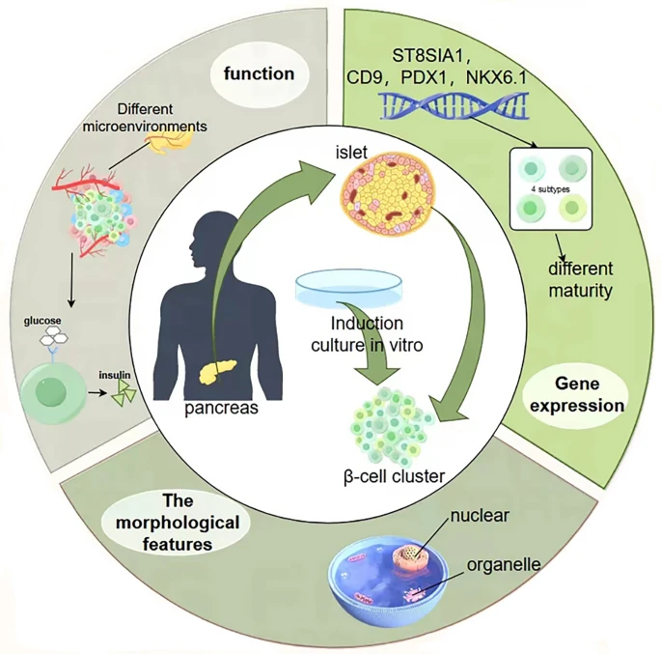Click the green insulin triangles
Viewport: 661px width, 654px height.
point(124,389)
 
